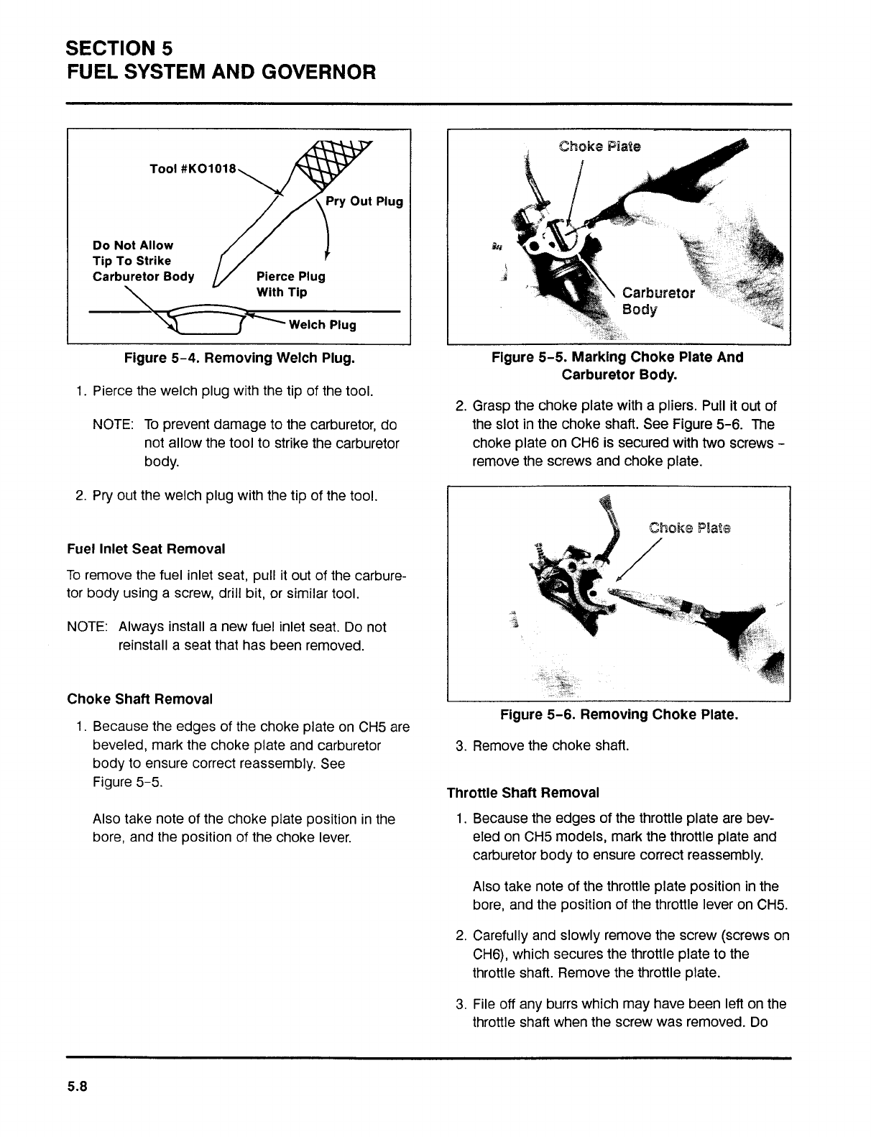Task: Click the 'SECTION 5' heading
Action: click(x=119, y=49)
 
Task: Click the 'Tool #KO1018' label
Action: click(x=192, y=168)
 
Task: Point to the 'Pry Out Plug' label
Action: click(x=364, y=201)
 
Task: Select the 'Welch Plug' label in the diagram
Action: click(x=322, y=325)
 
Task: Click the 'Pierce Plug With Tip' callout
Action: click(x=290, y=284)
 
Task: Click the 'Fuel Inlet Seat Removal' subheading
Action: click(x=146, y=549)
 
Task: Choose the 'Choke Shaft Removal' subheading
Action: click(x=139, y=699)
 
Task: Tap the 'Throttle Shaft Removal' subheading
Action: click(x=522, y=793)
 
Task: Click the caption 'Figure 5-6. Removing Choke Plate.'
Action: click(x=619, y=715)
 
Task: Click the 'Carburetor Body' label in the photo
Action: click(x=658, y=301)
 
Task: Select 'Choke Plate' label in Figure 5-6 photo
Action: click(x=689, y=528)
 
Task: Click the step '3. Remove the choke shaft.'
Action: click(x=543, y=745)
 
